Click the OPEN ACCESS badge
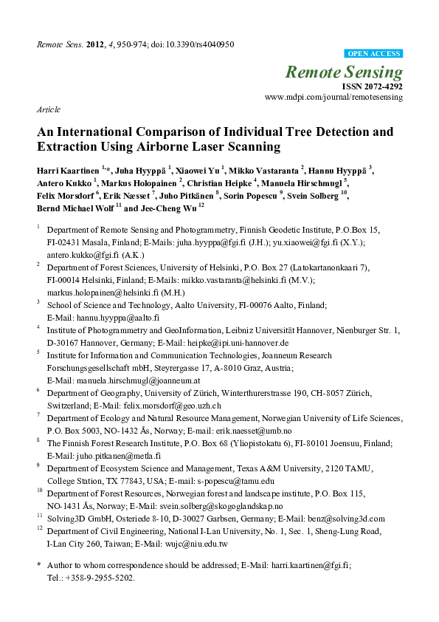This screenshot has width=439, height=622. pyautogui.click(x=374, y=53)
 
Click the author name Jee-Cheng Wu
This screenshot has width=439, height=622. pyautogui.click(x=170, y=209)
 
